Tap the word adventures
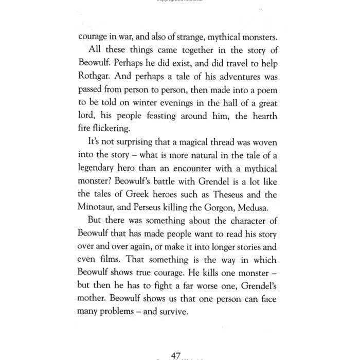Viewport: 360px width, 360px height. (x=230, y=78)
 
